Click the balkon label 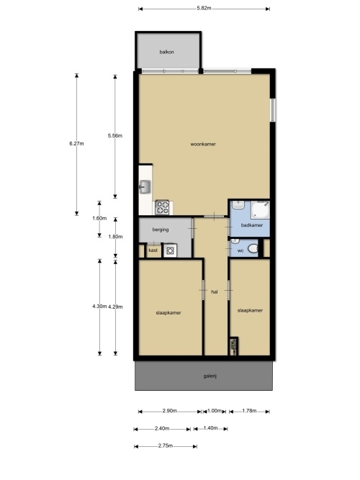pos(166,52)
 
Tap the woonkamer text pos(203,144)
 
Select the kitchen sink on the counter pos(145,187)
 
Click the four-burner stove pos(162,207)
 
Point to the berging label pos(161,230)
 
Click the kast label pos(153,250)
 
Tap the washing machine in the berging pos(171,250)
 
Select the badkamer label pos(252,225)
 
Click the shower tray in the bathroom pos(261,209)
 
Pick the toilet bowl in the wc pos(253,248)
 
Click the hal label pos(215,292)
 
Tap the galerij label pos(210,376)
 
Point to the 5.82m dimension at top pos(204,8)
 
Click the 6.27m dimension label pos(76,143)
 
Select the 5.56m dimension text pos(115,135)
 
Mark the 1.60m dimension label pos(99,218)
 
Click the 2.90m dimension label pos(170,411)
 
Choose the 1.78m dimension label pos(249,411)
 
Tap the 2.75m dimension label pos(166,445)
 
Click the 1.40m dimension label pos(210,428)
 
